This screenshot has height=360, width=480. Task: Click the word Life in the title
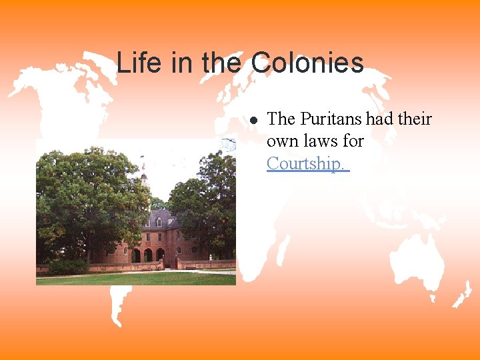(137, 63)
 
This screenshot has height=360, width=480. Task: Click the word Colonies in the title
(307, 63)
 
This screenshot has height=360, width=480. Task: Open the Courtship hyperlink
(307, 163)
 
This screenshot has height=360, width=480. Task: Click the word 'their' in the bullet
(415, 119)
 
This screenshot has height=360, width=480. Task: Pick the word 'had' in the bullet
(379, 119)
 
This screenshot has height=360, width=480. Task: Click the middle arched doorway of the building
(148, 255)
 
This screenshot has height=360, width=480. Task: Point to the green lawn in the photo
(133, 278)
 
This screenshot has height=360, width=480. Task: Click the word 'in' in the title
(181, 63)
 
